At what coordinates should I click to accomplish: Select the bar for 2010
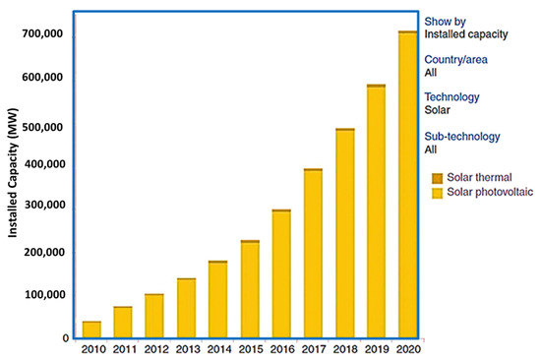click(x=91, y=329)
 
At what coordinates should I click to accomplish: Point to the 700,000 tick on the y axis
click(x=42, y=34)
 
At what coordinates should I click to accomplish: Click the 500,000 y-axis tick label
click(x=42, y=127)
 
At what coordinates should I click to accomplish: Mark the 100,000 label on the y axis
click(x=42, y=295)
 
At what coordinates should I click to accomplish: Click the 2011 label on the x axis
click(x=123, y=349)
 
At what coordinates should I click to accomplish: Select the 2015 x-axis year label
click(x=249, y=349)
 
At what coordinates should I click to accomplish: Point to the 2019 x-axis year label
click(x=376, y=349)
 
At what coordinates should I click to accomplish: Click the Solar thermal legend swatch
click(x=437, y=178)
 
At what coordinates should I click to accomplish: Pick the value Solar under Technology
click(x=438, y=110)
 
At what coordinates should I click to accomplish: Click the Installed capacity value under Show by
click(x=465, y=34)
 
